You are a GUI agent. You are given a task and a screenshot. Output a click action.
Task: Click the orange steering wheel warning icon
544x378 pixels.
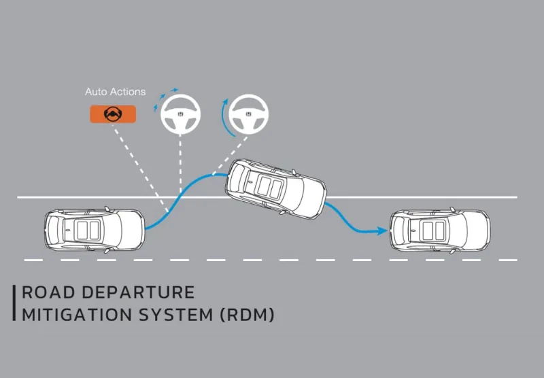click(x=113, y=114)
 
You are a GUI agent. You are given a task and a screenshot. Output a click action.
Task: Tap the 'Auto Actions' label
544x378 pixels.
click(x=115, y=92)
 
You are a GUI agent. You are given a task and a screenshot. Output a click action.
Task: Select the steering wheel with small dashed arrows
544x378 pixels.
click(x=180, y=114)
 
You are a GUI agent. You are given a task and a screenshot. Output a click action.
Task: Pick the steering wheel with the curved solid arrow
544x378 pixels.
click(x=248, y=114)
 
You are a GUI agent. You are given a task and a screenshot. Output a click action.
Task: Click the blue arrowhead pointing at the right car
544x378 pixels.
click(x=383, y=231)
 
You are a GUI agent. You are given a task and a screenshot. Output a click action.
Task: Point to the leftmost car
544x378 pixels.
click(x=95, y=230)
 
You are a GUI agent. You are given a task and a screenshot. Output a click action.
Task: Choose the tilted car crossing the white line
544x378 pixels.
click(x=276, y=188)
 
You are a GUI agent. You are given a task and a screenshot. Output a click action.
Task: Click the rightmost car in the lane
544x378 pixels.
click(x=440, y=230)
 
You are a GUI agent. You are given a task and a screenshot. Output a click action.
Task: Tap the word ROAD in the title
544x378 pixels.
click(x=48, y=292)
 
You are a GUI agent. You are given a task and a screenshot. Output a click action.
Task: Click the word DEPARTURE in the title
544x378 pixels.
click(x=138, y=292)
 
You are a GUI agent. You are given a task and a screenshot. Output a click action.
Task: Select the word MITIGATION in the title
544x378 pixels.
click(x=77, y=315)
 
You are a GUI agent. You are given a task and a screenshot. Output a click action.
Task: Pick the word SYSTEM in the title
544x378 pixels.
click(x=176, y=315)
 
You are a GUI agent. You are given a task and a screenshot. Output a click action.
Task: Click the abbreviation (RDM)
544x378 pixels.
click(x=248, y=315)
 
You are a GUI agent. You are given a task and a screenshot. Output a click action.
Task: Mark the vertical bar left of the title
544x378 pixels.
click(x=14, y=303)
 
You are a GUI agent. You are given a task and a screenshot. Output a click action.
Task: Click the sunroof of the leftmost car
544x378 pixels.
click(x=88, y=230)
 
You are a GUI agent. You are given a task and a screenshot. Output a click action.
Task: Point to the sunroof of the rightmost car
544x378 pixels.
click(x=434, y=230)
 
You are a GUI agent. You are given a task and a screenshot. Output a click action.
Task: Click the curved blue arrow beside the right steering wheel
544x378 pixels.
click(x=223, y=118)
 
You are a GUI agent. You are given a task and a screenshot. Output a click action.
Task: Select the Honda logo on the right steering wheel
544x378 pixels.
click(x=248, y=114)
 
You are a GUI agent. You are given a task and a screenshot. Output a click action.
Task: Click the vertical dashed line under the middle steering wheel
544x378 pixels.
click(x=180, y=164)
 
